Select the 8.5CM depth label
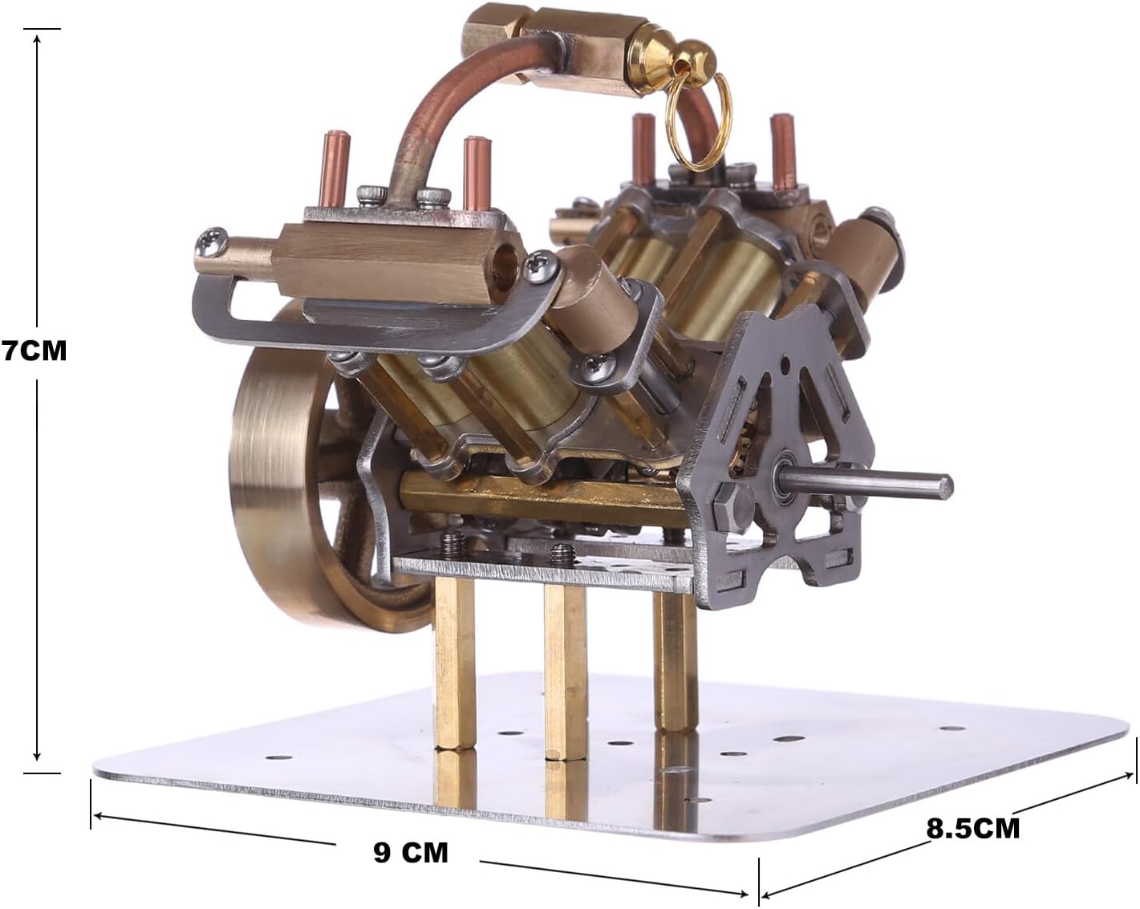973,829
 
